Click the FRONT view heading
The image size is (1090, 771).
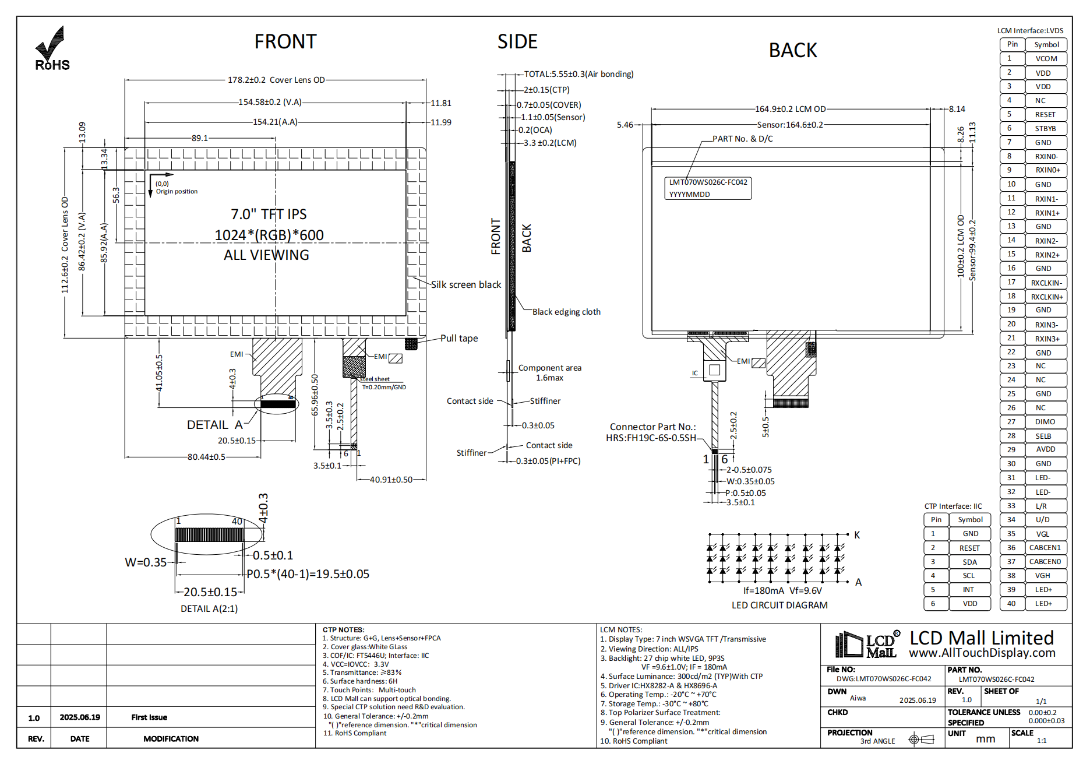pos(285,42)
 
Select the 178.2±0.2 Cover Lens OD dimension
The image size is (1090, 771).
pos(276,80)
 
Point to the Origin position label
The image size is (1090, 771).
pos(177,191)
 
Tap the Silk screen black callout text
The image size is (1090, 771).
pos(465,284)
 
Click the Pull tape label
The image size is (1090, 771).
pos(458,338)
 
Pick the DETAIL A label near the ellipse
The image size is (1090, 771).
pos(214,425)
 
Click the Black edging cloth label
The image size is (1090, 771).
pos(566,312)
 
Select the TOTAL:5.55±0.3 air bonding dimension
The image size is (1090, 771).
pos(578,74)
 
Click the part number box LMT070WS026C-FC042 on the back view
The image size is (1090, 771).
pos(708,188)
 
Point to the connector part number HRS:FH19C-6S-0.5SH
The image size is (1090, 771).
pos(651,438)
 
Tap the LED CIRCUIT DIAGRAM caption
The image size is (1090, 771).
pos(779,605)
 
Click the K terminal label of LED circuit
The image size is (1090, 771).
pos(857,534)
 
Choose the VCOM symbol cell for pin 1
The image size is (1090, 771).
pos(1046,58)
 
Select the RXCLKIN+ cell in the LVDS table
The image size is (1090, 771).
pos(1046,297)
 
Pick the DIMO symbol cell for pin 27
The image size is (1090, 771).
pos(1045,422)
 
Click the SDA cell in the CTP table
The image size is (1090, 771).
pos(969,562)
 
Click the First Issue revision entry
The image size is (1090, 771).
pos(149,717)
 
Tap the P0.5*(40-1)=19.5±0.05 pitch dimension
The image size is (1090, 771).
pos(308,574)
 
